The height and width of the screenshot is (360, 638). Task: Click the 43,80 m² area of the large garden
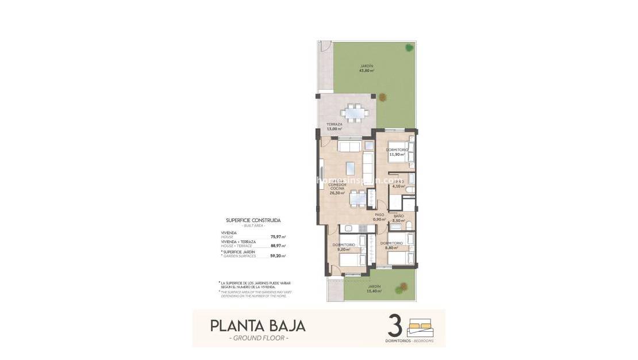pos(366,71)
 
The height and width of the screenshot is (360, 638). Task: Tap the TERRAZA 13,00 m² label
pos(335,127)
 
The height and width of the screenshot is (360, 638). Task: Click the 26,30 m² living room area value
pos(336,193)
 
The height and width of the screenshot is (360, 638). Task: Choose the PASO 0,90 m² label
pos(378,218)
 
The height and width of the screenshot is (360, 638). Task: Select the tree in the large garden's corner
pos(409,48)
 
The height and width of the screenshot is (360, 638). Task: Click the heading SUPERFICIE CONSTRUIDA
pos(253,220)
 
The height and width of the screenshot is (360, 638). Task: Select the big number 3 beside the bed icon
pos(394,325)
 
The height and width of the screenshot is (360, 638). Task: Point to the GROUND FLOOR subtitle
pos(258,338)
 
